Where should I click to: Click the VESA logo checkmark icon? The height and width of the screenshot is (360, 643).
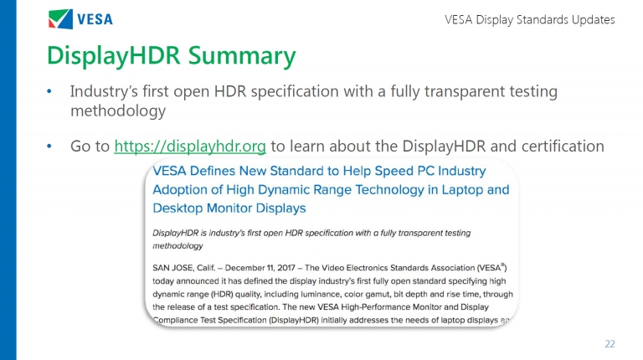click(x=60, y=19)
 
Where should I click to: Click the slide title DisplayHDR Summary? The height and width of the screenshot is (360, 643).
click(x=172, y=56)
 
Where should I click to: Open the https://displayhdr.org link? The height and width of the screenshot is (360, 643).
click(x=190, y=147)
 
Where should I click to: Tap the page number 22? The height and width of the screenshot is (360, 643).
click(x=610, y=344)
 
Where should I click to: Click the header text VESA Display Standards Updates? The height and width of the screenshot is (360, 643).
click(x=530, y=20)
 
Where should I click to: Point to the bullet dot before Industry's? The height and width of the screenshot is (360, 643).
click(x=49, y=91)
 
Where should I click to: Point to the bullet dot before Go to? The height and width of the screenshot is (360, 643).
click(x=49, y=146)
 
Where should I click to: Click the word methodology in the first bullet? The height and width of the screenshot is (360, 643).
click(x=118, y=111)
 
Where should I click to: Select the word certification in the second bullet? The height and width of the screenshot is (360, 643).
click(x=563, y=146)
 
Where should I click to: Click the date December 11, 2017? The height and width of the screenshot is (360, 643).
click(x=260, y=268)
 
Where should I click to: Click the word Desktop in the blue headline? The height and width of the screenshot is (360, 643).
click(x=177, y=208)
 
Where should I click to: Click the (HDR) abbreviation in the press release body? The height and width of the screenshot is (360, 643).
click(x=221, y=294)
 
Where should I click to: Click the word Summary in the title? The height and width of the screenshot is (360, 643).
click(x=242, y=56)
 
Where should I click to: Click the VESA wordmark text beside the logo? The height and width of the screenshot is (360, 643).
click(x=95, y=19)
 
